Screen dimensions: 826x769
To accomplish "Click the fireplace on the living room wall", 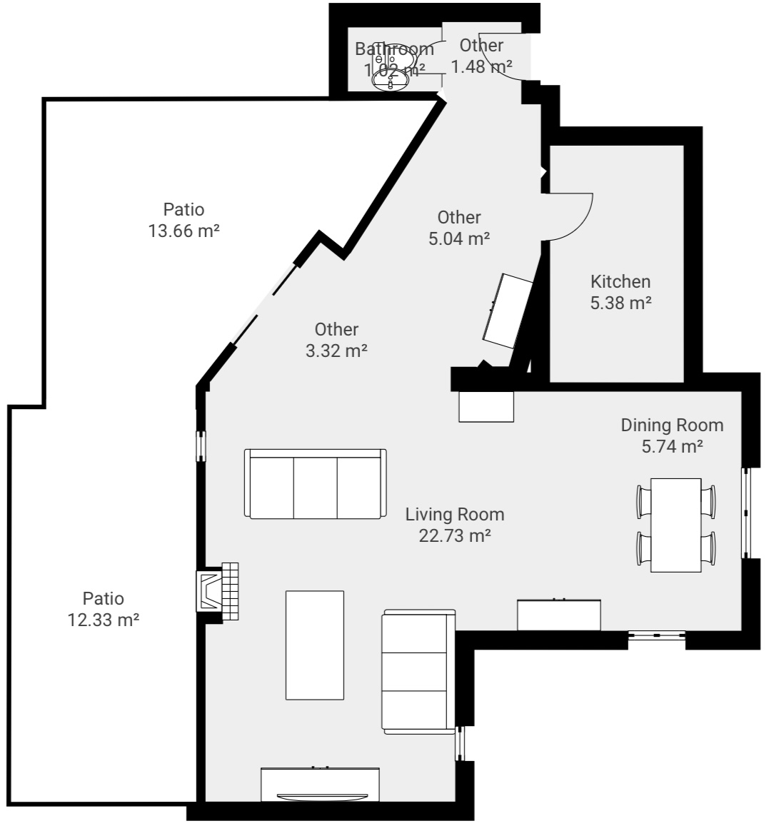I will tap(218, 591).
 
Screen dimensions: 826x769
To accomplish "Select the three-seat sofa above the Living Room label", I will tap(315, 483).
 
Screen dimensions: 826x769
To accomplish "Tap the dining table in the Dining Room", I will tap(675, 525).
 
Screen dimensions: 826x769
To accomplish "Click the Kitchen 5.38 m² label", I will tap(620, 292).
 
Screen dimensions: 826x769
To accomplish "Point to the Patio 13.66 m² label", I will tap(184, 220).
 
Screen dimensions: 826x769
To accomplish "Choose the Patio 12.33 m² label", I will tap(104, 609).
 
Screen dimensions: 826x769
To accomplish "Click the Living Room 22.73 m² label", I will tap(455, 525).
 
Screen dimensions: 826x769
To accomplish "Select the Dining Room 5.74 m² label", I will tap(672, 435).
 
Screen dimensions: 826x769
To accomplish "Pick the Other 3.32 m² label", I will tap(336, 340).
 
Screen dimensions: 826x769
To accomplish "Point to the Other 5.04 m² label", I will tap(459, 228).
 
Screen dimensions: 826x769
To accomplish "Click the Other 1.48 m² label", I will tap(481, 56).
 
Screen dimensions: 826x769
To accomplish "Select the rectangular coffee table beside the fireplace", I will tap(314, 645).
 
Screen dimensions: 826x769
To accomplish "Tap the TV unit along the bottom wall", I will tap(320, 784).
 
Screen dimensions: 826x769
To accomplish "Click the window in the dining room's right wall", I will tap(746, 513).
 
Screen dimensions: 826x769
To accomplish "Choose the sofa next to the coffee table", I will tap(418, 671).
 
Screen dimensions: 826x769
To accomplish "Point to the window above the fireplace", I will tap(201, 445).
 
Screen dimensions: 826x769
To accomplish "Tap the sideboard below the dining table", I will tap(558, 615).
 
